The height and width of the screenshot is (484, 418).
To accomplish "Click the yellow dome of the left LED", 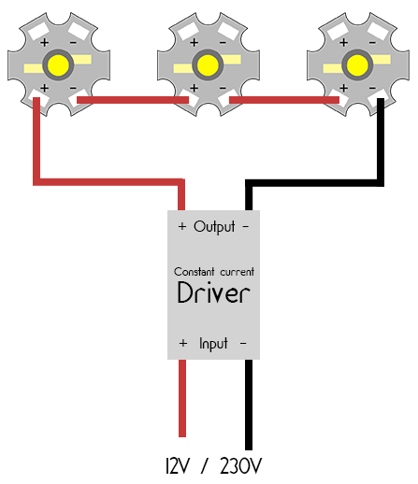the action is tap(58, 65).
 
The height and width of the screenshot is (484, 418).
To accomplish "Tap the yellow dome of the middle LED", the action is tap(208, 65).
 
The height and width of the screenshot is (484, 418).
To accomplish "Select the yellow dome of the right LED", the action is tap(357, 65).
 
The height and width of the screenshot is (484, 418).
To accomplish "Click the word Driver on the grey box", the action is tap(213, 292).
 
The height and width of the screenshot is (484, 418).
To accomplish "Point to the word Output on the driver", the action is tap(214, 227).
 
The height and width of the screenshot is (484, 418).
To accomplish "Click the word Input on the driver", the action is tap(213, 344).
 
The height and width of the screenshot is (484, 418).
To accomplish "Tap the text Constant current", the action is tap(214, 272).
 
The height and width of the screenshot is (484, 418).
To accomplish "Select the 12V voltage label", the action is tap(178, 466).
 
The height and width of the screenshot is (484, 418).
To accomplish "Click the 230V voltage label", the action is tap(240, 466).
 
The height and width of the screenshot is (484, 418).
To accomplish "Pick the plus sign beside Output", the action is tap(182, 226).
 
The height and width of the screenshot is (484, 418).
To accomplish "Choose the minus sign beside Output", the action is tap(246, 226).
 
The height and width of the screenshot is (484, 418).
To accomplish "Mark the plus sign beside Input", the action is tap(183, 343).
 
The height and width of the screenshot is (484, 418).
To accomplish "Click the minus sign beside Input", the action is tap(243, 344).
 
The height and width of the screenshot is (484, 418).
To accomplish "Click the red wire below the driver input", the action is tap(182, 398).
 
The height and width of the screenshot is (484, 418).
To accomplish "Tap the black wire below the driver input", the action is tap(249, 405).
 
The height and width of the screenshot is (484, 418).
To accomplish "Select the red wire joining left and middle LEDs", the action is tap(133, 100).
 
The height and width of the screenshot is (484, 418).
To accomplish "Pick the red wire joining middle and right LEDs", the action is tap(284, 100).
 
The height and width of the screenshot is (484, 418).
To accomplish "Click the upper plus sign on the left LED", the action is tap(45, 42).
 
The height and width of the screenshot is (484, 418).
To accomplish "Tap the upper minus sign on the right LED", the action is tap(372, 42).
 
